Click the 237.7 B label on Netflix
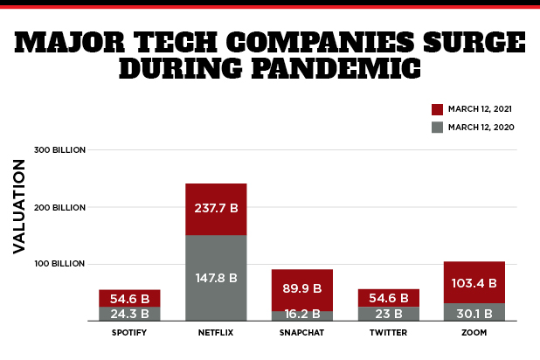(x=216, y=209)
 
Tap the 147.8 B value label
(x=216, y=278)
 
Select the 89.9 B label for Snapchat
(x=302, y=287)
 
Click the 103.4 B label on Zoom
(x=474, y=283)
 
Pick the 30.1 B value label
(x=474, y=310)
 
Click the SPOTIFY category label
(x=129, y=333)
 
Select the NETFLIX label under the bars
(x=216, y=333)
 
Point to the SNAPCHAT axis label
(x=302, y=333)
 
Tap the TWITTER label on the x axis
(x=388, y=333)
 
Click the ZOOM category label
(x=474, y=333)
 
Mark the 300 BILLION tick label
(x=59, y=149)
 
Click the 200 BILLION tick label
(x=59, y=207)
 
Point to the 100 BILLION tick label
(x=59, y=264)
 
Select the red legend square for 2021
(x=438, y=109)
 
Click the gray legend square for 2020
(x=438, y=127)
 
